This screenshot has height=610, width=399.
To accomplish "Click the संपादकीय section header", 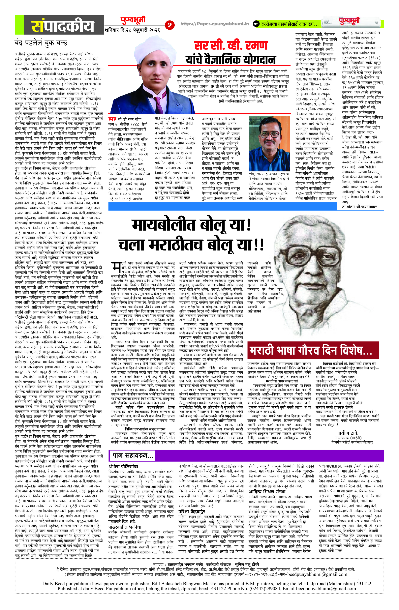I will [63, 26].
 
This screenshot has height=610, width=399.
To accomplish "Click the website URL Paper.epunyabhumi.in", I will [215, 24].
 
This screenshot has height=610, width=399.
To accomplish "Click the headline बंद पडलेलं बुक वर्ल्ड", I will [41, 43].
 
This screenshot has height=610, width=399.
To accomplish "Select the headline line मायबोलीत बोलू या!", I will [191, 225].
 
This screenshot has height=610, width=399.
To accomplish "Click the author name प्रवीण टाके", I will [348, 433].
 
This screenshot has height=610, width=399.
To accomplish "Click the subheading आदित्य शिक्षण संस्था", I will [267, 491].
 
